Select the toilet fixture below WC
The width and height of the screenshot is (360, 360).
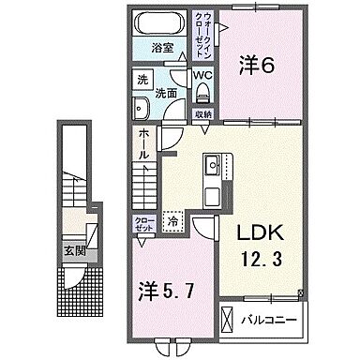(203, 91)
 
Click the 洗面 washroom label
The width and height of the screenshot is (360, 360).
(167, 93)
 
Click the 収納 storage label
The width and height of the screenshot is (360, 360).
(203, 113)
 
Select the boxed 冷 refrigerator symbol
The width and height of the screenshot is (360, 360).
(173, 223)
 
